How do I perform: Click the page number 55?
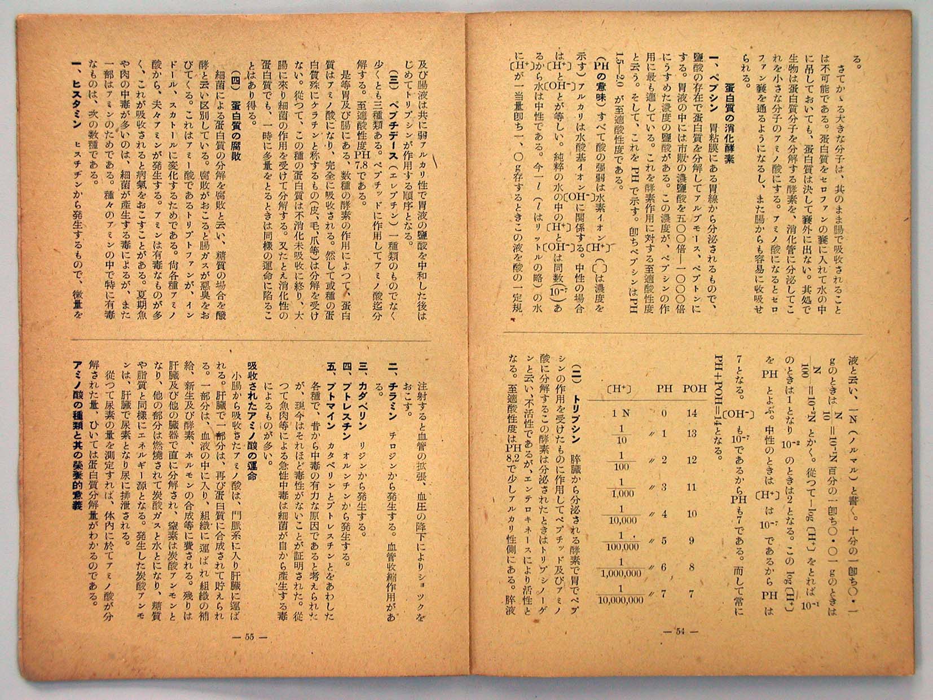click(x=249, y=637)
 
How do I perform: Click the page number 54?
click(x=681, y=632)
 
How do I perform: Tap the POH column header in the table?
click(x=695, y=389)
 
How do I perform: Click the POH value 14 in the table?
click(x=692, y=413)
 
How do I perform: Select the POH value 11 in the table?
click(x=692, y=487)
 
